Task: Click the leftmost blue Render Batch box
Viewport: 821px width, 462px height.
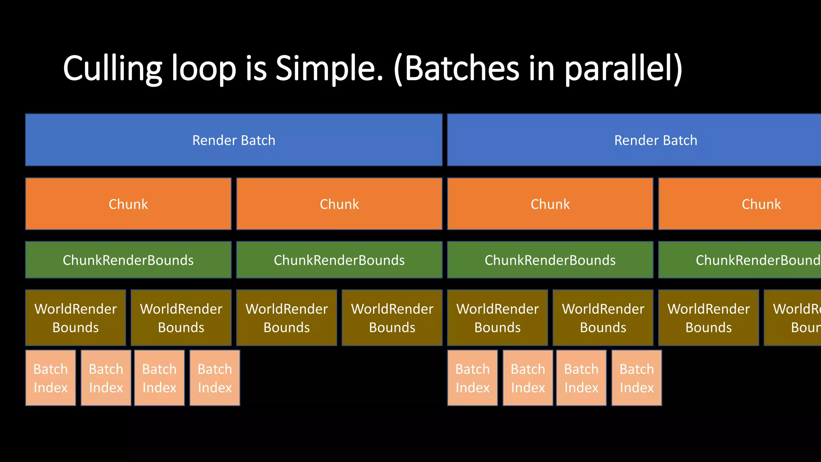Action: pyautogui.click(x=234, y=140)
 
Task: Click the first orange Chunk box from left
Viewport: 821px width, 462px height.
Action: pyautogui.click(x=128, y=204)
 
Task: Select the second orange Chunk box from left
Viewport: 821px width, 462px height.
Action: pyautogui.click(x=339, y=204)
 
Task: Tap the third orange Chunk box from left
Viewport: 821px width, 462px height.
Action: pyautogui.click(x=550, y=204)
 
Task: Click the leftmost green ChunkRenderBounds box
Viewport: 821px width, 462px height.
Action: pyautogui.click(x=128, y=260)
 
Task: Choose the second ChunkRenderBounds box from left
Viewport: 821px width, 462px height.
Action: pyautogui.click(x=339, y=260)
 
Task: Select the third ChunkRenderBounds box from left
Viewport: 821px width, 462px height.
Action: pyautogui.click(x=550, y=260)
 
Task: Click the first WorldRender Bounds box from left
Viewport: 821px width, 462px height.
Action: pyautogui.click(x=75, y=318)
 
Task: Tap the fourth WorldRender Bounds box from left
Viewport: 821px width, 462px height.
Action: pyautogui.click(x=392, y=318)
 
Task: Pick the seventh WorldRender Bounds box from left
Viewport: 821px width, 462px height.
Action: pyautogui.click(x=708, y=318)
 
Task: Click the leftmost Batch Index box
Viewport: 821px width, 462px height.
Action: pyautogui.click(x=51, y=378)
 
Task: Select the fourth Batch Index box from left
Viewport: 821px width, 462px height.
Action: pyautogui.click(x=215, y=378)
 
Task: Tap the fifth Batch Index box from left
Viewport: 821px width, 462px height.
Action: pyautogui.click(x=472, y=378)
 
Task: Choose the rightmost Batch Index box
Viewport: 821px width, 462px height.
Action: pyautogui.click(x=637, y=378)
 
